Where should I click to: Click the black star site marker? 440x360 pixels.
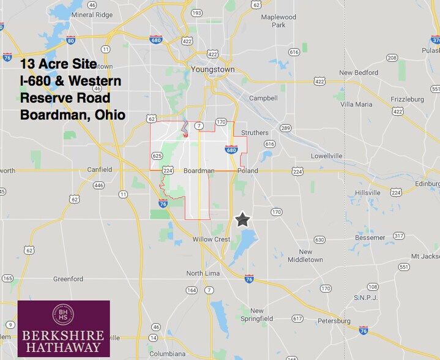pos(243,220)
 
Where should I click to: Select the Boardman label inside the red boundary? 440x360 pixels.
pos(199,171)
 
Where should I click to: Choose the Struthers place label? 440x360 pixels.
pos(255,132)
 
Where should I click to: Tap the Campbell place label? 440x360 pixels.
pos(263,98)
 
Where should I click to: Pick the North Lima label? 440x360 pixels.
pos(203,273)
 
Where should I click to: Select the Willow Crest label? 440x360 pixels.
pos(211,239)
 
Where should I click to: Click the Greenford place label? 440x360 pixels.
pos(68,279)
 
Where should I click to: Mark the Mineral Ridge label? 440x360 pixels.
pos(91,15)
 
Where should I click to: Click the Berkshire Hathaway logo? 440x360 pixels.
pos(64,328)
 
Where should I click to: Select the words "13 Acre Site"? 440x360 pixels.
pos(58,64)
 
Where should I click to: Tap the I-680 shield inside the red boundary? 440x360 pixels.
pos(231,149)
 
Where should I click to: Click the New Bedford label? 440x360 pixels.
pos(359,73)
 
